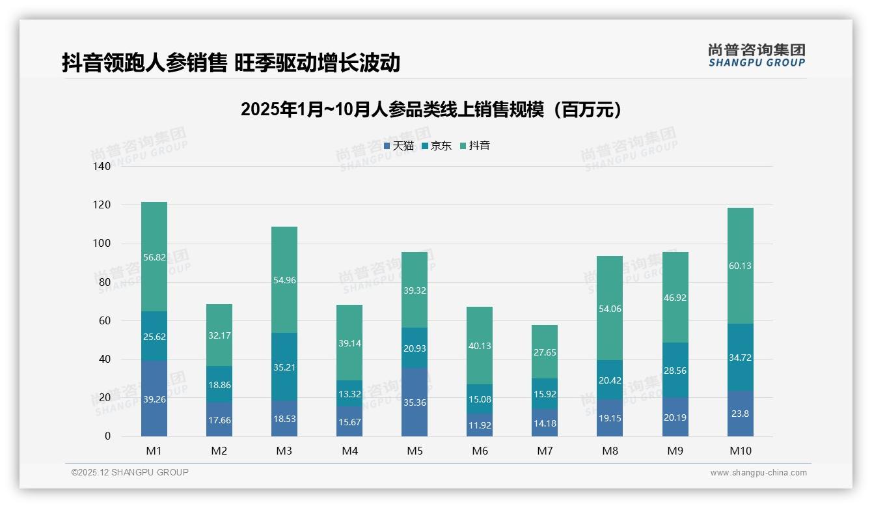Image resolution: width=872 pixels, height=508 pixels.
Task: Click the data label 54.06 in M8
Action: (x=610, y=309)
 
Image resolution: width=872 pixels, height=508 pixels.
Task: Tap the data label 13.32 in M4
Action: (x=349, y=395)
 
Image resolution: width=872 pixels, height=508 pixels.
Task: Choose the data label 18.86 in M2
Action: (x=219, y=385)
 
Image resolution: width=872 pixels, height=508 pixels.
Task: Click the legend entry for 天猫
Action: (x=399, y=146)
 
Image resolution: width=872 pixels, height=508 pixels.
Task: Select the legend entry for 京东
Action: (x=437, y=146)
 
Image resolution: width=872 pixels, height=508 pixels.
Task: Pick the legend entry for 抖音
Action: (x=475, y=146)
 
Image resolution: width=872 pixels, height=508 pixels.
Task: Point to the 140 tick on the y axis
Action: (x=102, y=167)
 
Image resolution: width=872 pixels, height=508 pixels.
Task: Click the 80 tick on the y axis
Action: (x=105, y=282)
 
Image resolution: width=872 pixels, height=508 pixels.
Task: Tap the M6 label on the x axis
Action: (x=480, y=451)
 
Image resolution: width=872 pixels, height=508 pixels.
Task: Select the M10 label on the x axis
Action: (x=740, y=451)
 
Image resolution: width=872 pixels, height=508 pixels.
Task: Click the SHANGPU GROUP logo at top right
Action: (x=757, y=55)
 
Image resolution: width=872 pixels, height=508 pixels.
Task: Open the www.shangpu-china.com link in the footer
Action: (x=758, y=473)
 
